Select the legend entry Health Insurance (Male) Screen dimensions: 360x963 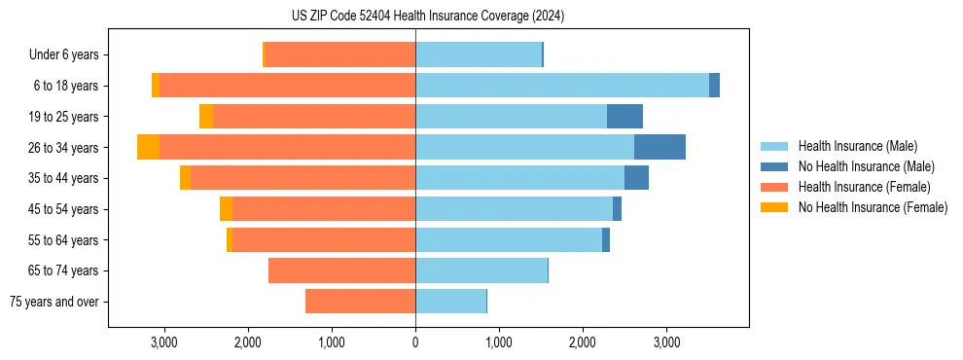856,146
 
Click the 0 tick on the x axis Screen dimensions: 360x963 415,343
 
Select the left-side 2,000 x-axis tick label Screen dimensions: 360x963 248,343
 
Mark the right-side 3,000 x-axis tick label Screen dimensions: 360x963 666,343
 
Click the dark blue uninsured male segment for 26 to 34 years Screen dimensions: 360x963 660,147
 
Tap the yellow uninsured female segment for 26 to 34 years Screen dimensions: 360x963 148,147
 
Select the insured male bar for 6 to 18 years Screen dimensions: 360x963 561,86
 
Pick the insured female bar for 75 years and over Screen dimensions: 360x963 360,302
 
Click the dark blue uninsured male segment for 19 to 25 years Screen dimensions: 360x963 624,117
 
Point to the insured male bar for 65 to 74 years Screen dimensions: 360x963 481,270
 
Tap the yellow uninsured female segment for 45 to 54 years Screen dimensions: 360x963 226,209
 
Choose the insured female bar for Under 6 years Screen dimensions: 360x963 340,55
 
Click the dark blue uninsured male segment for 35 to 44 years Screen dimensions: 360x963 636,178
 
